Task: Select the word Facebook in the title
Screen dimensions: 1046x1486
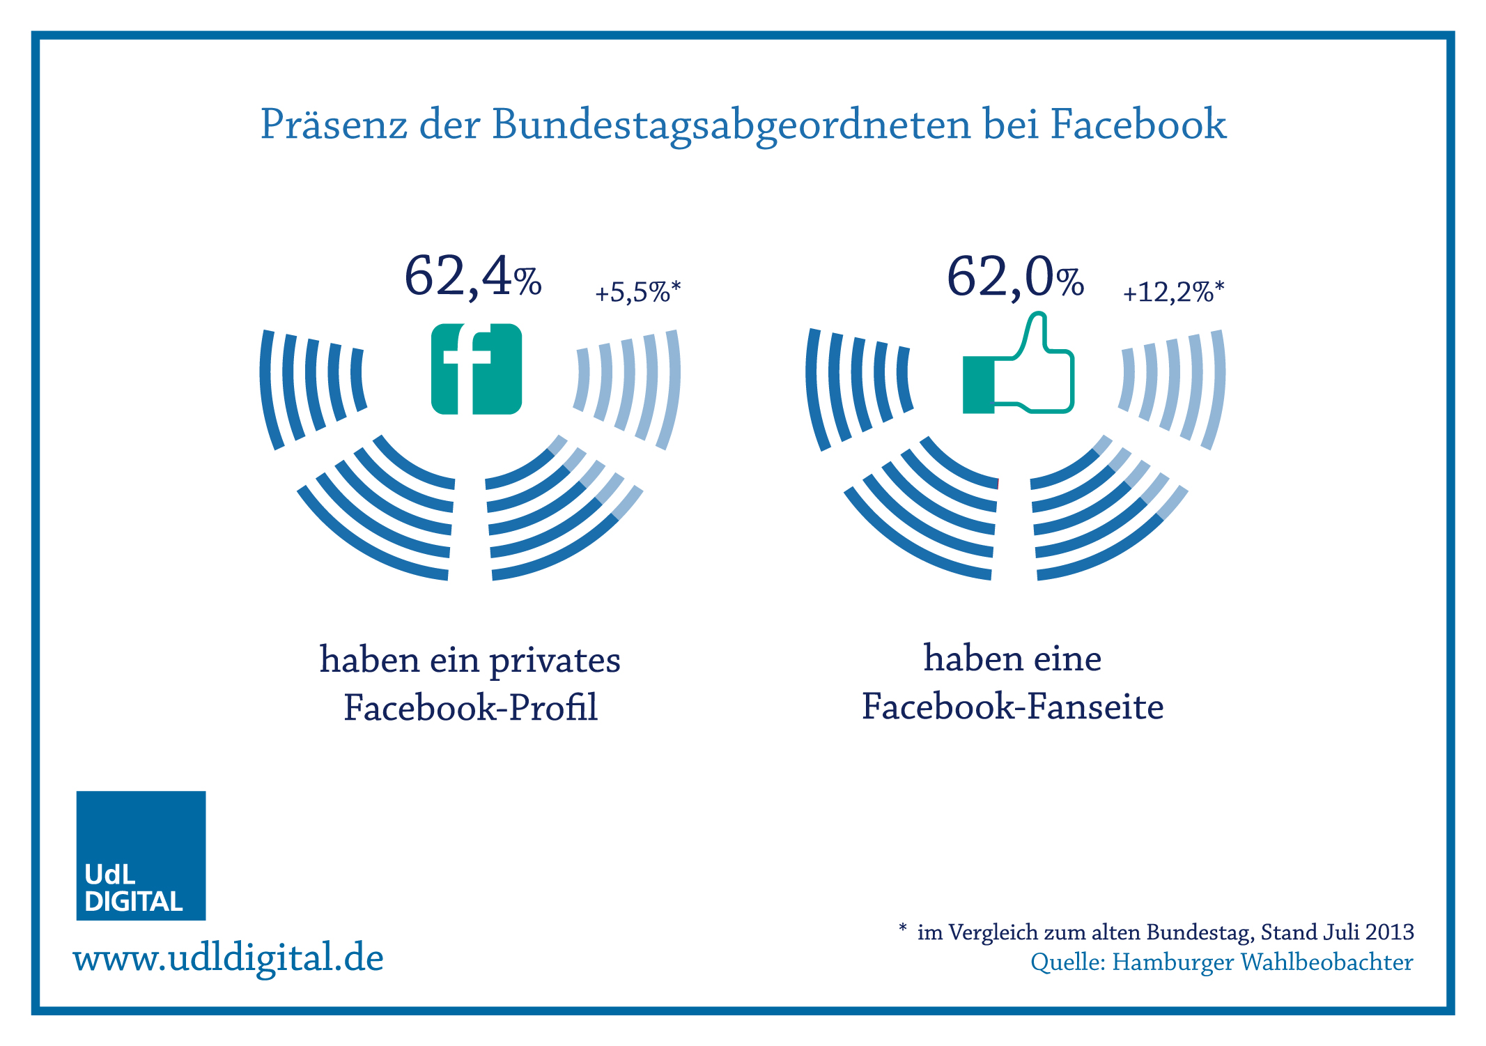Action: [x=1138, y=124]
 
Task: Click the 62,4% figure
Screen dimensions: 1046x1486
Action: [x=472, y=277]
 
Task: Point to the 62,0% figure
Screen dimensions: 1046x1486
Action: [x=1014, y=277]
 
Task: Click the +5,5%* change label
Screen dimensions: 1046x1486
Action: [x=637, y=292]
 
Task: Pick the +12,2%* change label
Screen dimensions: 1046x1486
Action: [x=1173, y=292]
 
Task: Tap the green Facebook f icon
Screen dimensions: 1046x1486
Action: [x=477, y=369]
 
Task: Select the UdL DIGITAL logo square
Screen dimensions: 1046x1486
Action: [x=141, y=855]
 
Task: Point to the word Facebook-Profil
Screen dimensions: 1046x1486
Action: [x=470, y=708]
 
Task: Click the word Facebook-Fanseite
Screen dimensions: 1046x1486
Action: [x=1012, y=707]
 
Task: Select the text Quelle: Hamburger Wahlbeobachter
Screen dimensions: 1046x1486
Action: [x=1221, y=962]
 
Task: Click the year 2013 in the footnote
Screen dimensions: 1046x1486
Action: [x=1389, y=932]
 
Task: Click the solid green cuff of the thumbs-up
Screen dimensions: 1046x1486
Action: [x=978, y=385]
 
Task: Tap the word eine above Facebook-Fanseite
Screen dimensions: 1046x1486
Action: [x=1067, y=659]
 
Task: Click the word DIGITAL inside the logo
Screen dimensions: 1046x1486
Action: [x=133, y=902]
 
